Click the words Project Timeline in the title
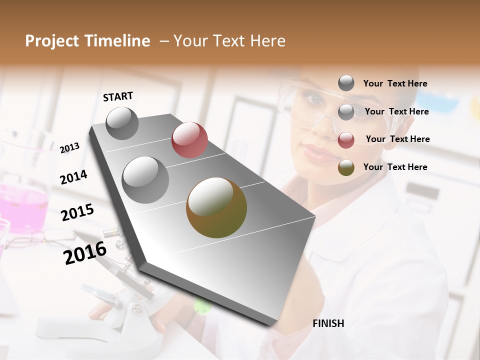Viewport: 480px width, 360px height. [x=87, y=41]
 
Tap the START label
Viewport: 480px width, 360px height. [x=118, y=96]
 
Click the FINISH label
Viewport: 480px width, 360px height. [x=328, y=323]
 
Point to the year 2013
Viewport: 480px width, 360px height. [x=69, y=147]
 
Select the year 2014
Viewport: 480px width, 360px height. [x=73, y=177]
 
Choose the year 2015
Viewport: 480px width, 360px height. [x=77, y=212]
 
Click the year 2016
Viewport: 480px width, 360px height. [x=85, y=252]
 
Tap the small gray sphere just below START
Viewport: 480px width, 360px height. [x=122, y=123]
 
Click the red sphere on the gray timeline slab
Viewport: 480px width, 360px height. [x=189, y=140]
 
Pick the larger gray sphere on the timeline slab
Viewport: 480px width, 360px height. [x=145, y=179]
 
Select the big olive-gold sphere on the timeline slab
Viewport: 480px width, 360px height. [x=216, y=207]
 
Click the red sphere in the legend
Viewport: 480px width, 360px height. [x=346, y=140]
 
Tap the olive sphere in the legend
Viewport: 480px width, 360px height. [x=346, y=167]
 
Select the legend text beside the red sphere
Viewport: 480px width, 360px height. [x=397, y=139]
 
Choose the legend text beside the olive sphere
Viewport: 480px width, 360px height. [x=395, y=167]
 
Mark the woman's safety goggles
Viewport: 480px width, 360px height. [x=320, y=102]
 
